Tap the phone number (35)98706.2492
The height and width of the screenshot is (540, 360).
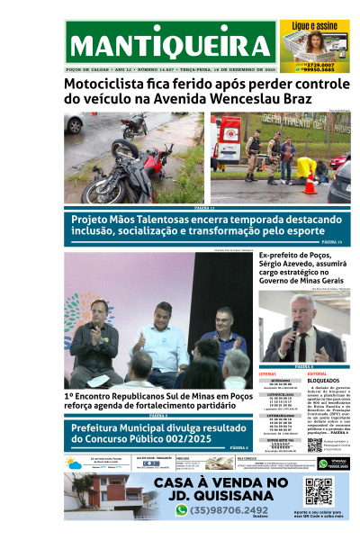coord(234,509)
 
